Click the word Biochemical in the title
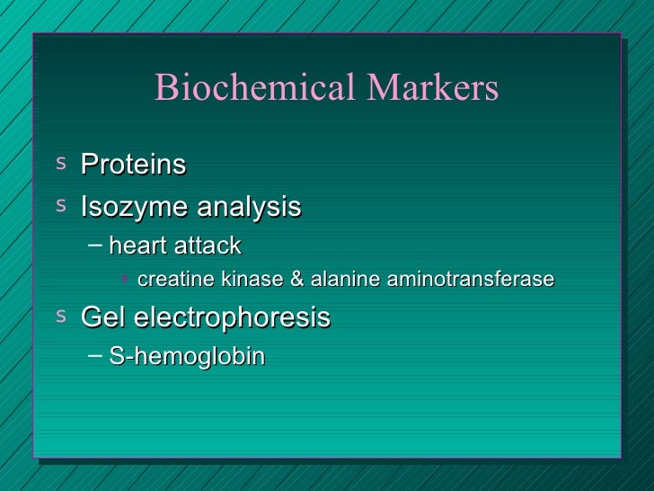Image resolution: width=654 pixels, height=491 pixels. pyautogui.click(x=256, y=88)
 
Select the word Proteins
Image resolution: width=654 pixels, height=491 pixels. pyautogui.click(x=133, y=165)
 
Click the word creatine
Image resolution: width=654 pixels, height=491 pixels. pyautogui.click(x=175, y=280)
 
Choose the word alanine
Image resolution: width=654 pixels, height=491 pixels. pyautogui.click(x=345, y=280)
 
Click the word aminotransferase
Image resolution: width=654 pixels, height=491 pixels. pyautogui.click(x=470, y=280)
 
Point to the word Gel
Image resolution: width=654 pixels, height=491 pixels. pyautogui.click(x=102, y=317)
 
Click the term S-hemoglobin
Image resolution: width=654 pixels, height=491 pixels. pyautogui.click(x=187, y=357)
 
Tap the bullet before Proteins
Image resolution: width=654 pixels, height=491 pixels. pyautogui.click(x=60, y=163)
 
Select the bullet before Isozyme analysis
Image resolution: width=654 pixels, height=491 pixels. pyautogui.click(x=60, y=206)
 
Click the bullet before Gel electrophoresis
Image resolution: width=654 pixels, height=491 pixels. pyautogui.click(x=60, y=316)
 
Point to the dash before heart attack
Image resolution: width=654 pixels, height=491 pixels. pyautogui.click(x=95, y=245)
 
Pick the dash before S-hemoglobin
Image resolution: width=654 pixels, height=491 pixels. pyautogui.click(x=95, y=356)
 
